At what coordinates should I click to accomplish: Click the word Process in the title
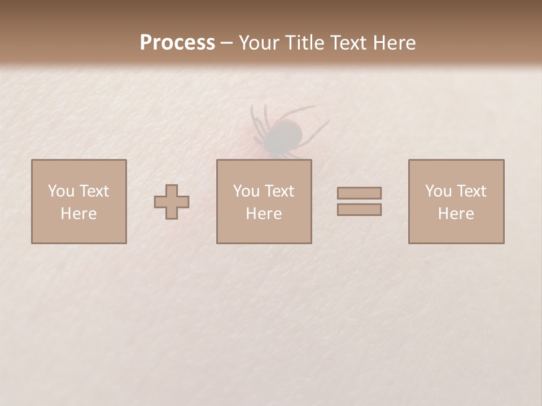[177, 43]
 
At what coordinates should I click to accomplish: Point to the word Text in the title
[352, 43]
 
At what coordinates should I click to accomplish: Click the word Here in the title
[395, 43]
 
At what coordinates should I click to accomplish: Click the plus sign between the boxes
[172, 202]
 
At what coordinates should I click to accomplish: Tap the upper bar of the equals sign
[359, 193]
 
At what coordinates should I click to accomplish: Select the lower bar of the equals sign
[359, 210]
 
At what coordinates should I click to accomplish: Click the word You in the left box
[61, 191]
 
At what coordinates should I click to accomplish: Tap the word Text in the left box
[94, 191]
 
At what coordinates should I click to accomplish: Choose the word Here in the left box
[78, 214]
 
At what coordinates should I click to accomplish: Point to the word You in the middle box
[246, 191]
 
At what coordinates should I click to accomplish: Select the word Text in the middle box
[279, 191]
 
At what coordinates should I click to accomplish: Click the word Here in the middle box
[264, 214]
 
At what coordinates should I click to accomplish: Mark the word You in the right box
[438, 191]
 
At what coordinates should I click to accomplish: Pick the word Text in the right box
[471, 191]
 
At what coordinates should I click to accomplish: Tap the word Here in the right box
[456, 214]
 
